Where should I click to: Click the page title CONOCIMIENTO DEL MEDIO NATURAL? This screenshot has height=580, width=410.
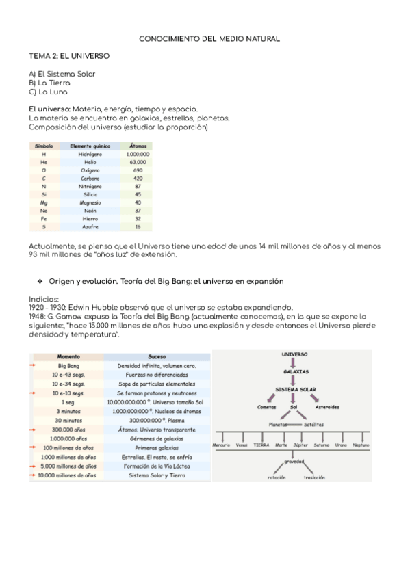point(209,40)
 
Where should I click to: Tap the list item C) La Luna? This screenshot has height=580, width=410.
point(48,92)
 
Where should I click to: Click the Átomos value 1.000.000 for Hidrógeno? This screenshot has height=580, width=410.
point(138,155)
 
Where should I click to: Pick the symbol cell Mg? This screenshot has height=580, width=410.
point(44,202)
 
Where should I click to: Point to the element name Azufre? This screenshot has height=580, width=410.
point(90,226)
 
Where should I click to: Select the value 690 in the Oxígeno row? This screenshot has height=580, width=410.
point(138,170)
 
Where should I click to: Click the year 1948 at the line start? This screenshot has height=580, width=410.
point(37,317)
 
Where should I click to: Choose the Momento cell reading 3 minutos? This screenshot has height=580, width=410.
point(68,412)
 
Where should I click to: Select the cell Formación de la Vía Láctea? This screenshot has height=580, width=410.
point(157,466)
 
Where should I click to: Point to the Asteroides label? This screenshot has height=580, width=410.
point(326,407)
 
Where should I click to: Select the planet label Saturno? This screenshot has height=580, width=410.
point(321,445)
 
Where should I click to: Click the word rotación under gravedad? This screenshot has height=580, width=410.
point(277,478)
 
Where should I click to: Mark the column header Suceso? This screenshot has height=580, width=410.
point(157,357)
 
